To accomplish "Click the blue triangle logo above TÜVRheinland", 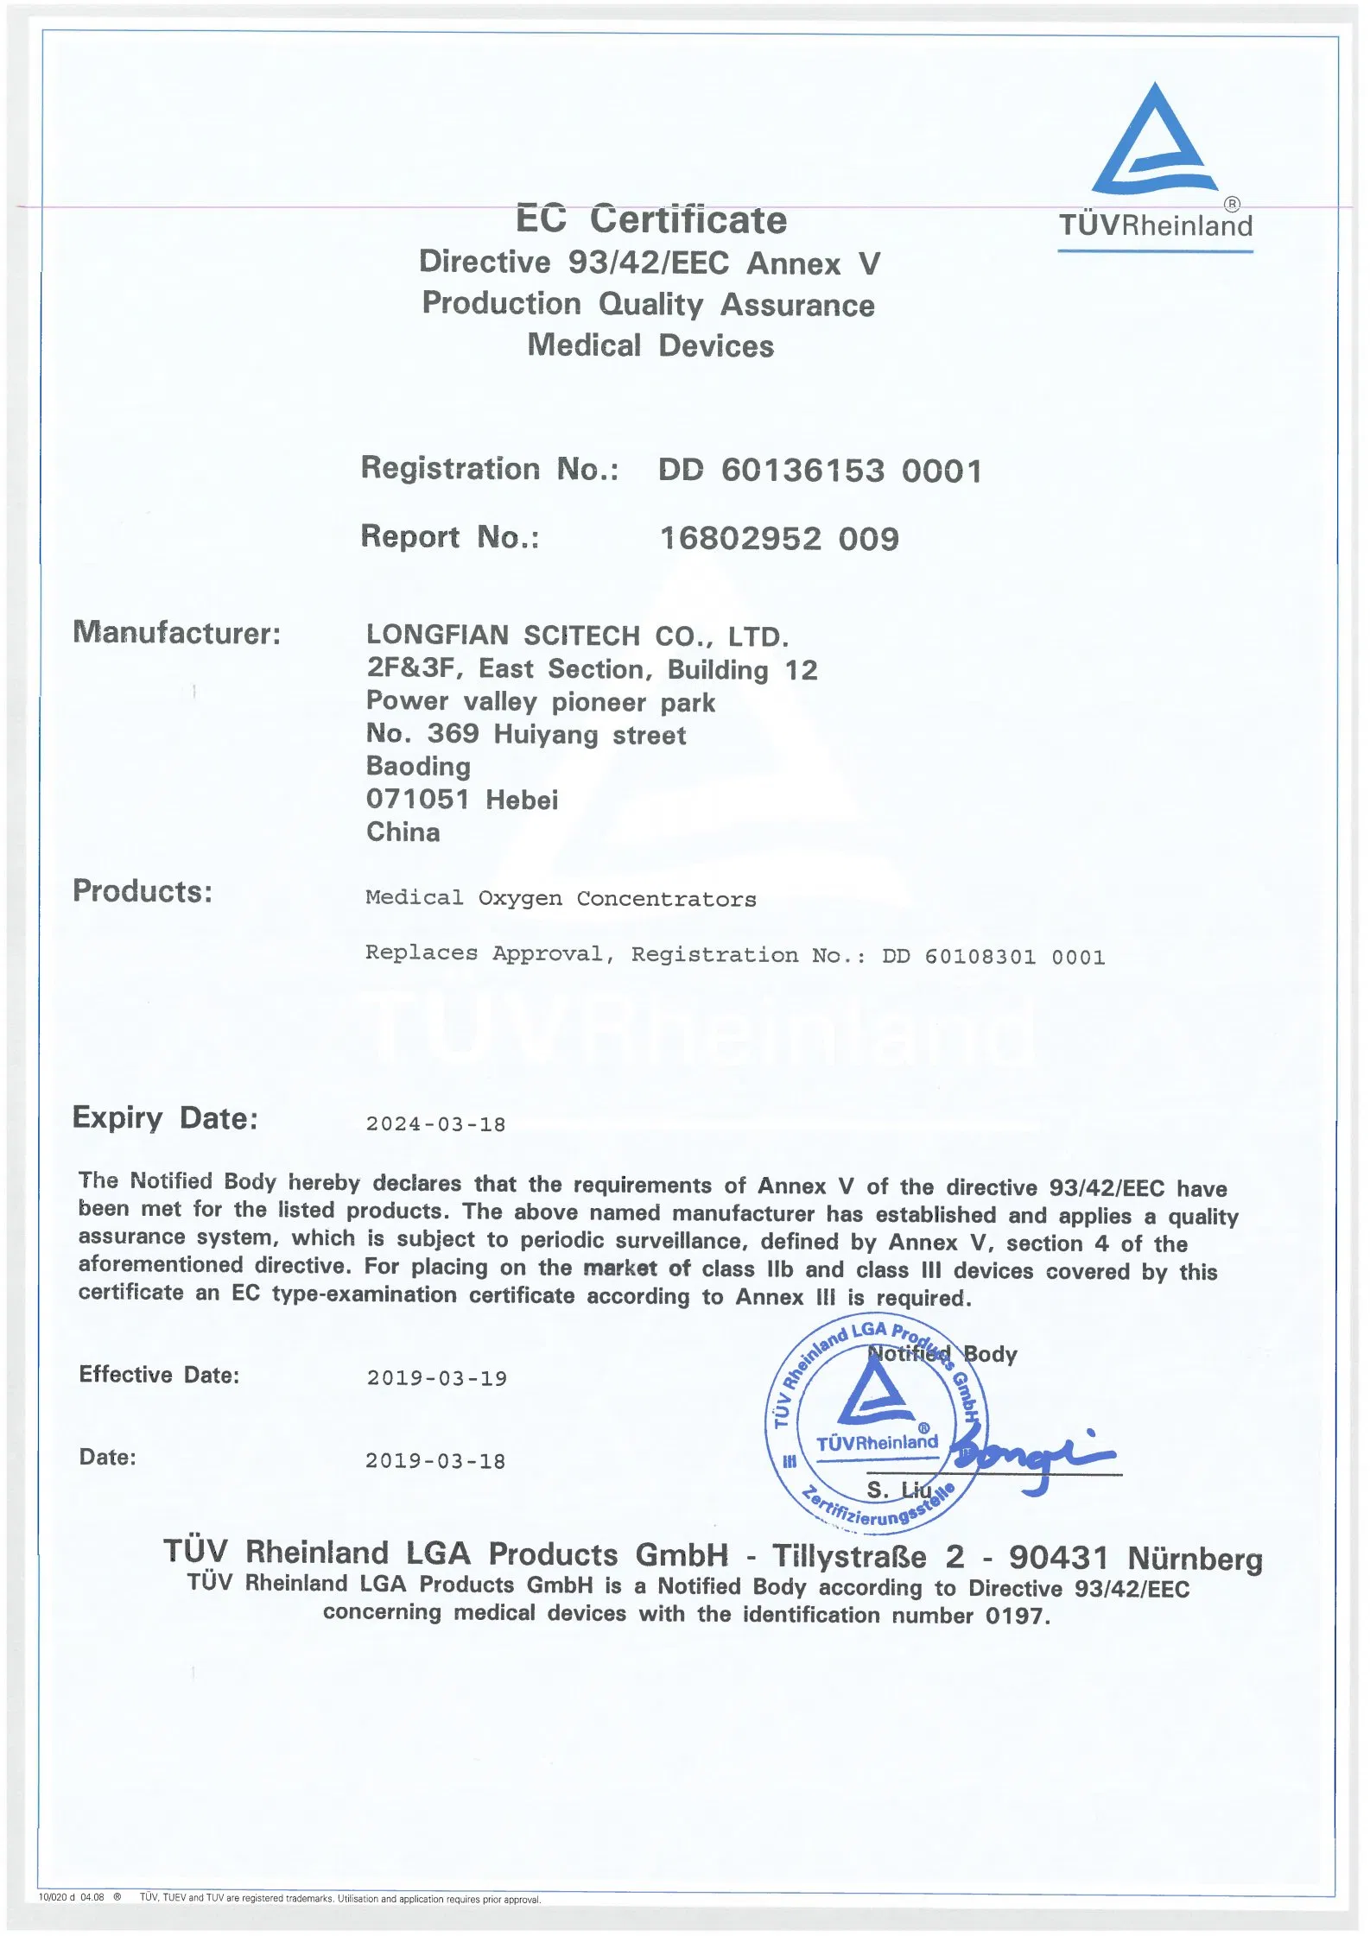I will pos(1155,142).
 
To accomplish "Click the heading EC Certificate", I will pos(651,219).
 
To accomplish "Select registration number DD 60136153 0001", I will pos(820,471).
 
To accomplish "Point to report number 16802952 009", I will pos(779,539).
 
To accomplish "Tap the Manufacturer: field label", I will pos(177,633).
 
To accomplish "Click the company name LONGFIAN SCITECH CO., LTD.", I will pos(577,636).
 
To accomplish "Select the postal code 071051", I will pos(418,799).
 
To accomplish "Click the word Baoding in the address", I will pos(418,766).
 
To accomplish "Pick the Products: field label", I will pos(143,891).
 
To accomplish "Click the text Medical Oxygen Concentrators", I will pos(561,899).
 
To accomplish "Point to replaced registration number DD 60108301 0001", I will pos(993,957).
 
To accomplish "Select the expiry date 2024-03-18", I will pos(435,1124).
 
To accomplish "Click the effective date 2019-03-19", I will pos(436,1378).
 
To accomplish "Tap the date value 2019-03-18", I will pos(435,1461).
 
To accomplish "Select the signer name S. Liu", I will pos(898,1489).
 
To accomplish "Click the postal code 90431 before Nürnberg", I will pos(1058,1557).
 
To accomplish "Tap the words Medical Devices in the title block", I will pos(650,345).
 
